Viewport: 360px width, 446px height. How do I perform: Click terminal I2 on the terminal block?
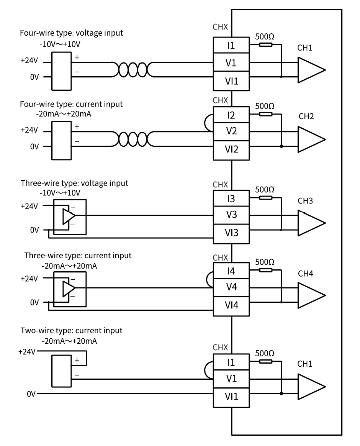click(231, 115)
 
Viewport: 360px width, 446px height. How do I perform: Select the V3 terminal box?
click(231, 215)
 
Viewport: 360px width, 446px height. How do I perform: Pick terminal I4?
click(231, 271)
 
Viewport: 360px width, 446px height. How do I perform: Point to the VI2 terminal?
click(231, 150)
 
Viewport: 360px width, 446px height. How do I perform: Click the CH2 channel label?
click(306, 116)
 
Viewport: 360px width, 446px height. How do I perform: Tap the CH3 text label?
click(305, 201)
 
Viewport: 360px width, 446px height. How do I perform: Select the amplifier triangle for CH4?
click(311, 295)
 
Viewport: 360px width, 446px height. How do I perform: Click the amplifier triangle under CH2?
click(311, 139)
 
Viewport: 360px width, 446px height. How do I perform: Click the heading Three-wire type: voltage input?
click(75, 183)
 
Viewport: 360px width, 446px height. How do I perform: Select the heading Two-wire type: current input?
click(71, 331)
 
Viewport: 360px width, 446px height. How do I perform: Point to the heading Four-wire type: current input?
click(71, 104)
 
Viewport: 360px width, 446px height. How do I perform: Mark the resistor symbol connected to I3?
click(265, 198)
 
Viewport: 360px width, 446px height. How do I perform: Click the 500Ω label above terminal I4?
click(265, 262)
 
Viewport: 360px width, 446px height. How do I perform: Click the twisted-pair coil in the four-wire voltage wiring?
click(132, 69)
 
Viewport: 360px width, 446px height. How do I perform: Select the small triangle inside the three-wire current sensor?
click(69, 288)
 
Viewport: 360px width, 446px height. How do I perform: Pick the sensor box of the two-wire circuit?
click(61, 371)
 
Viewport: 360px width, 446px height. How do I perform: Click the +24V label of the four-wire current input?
click(29, 130)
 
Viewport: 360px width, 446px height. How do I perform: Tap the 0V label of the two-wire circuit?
click(31, 394)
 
